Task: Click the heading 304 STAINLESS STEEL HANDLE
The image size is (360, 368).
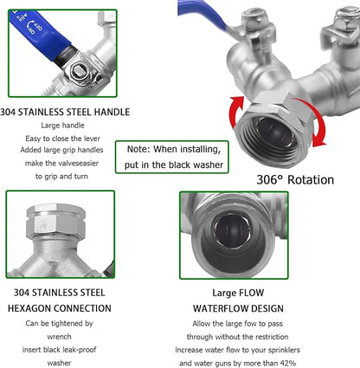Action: pyautogui.click(x=65, y=112)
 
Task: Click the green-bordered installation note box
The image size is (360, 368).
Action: pyautogui.click(x=171, y=156)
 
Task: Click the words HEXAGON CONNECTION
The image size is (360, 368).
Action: pyautogui.click(x=60, y=307)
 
